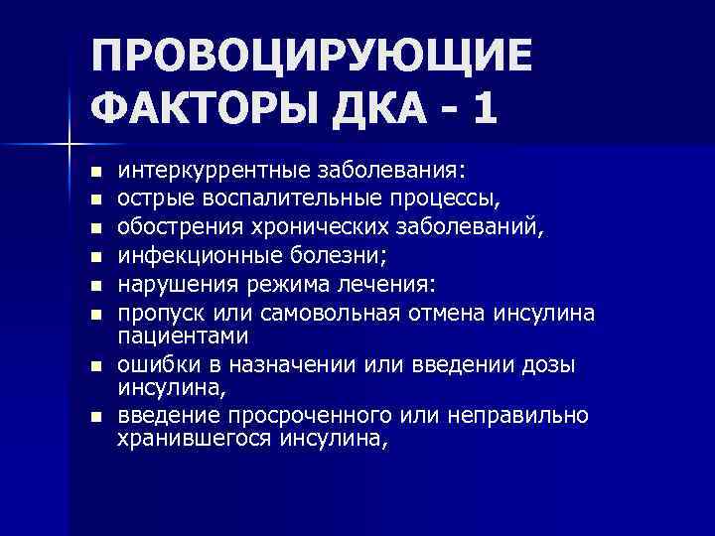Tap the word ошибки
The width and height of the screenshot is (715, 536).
154,364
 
